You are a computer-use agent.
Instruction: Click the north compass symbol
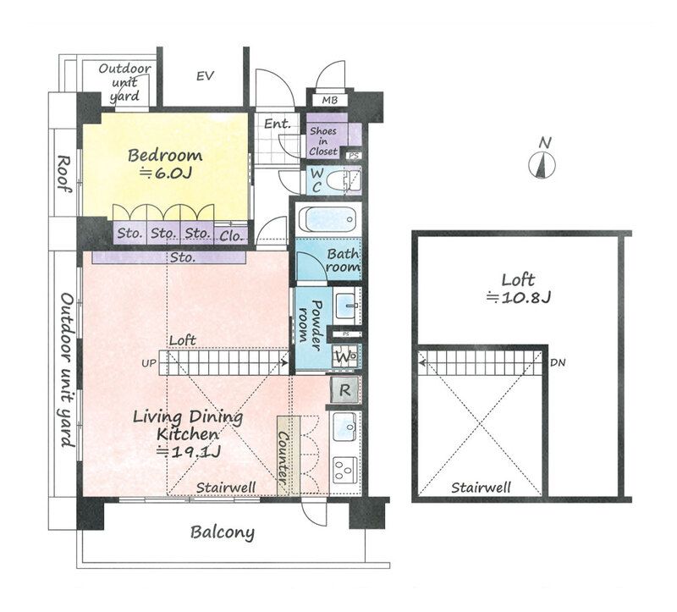point(542,165)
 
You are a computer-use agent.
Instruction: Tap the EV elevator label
point(205,76)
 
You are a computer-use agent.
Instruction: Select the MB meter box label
point(329,101)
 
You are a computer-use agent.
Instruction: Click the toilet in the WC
point(343,180)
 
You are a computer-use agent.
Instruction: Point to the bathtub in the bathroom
point(328,219)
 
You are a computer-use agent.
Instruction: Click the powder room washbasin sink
point(347,306)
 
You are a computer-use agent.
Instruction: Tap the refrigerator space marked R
point(344,390)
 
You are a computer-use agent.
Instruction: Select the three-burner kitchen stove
point(344,471)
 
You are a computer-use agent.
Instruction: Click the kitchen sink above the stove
point(345,427)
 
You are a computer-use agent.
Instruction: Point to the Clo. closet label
point(231,236)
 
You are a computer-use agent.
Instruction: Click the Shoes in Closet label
point(323,141)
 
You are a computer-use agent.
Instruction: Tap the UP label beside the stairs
point(149,364)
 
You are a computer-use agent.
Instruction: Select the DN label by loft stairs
point(558,363)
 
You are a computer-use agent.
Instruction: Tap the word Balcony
point(223,532)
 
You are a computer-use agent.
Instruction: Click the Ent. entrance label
point(278,124)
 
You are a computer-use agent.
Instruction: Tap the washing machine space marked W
point(344,357)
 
